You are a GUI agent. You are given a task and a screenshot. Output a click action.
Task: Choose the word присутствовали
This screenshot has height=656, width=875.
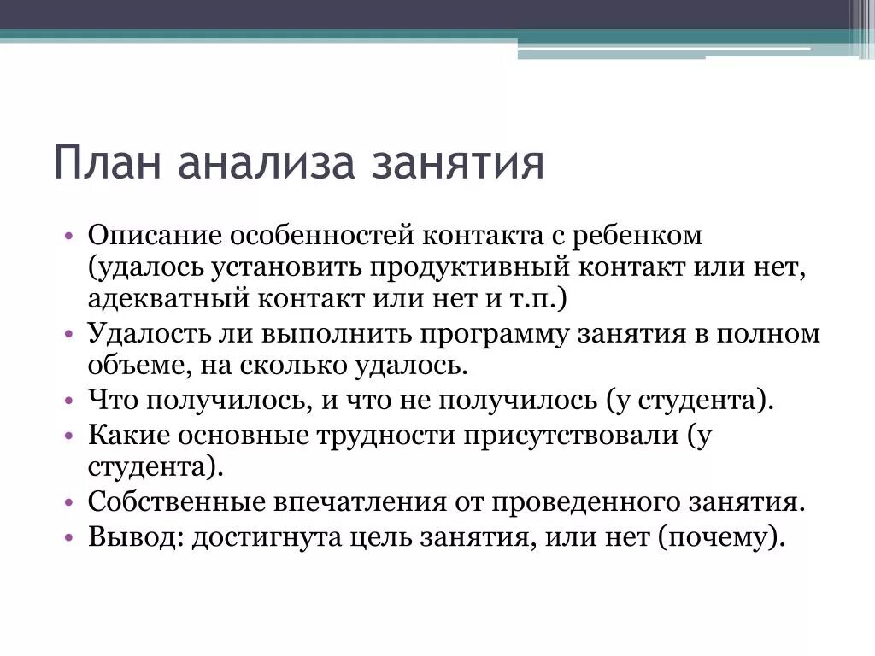571,435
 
